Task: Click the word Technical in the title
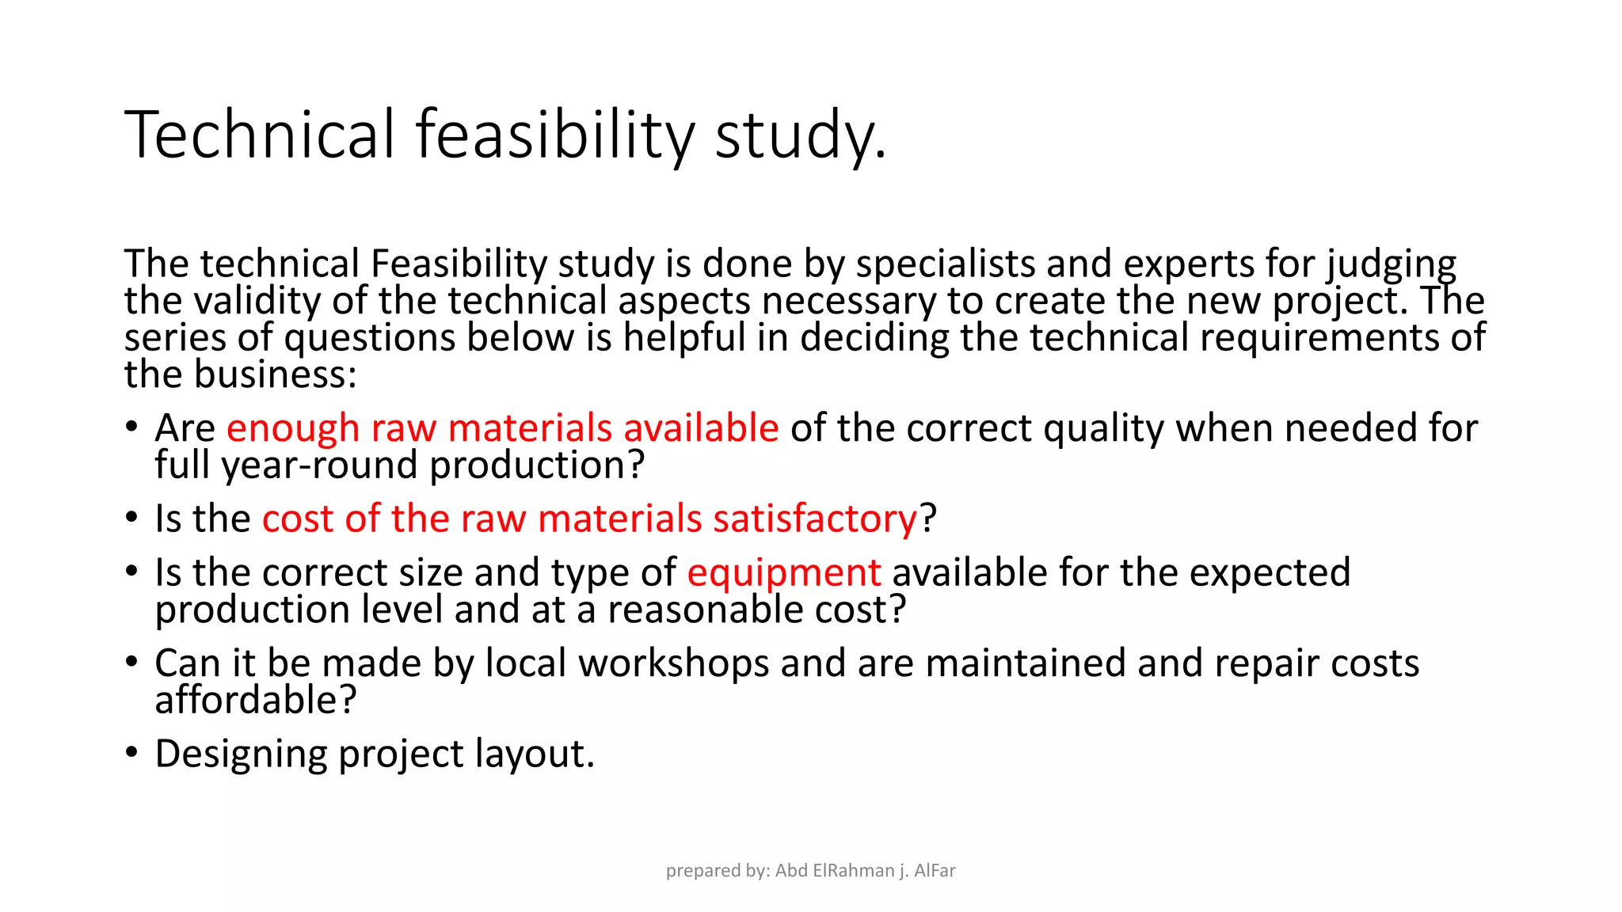pyautogui.click(x=259, y=135)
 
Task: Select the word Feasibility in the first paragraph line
pyautogui.click(x=459, y=264)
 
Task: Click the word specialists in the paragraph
pyautogui.click(x=945, y=264)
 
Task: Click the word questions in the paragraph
pyautogui.click(x=369, y=338)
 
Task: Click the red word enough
pyautogui.click(x=293, y=428)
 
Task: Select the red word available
pyautogui.click(x=701, y=428)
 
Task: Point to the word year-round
pyautogui.click(x=319, y=465)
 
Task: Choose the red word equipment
pyautogui.click(x=783, y=573)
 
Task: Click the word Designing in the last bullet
pyautogui.click(x=241, y=754)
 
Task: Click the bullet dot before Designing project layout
pyautogui.click(x=132, y=751)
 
